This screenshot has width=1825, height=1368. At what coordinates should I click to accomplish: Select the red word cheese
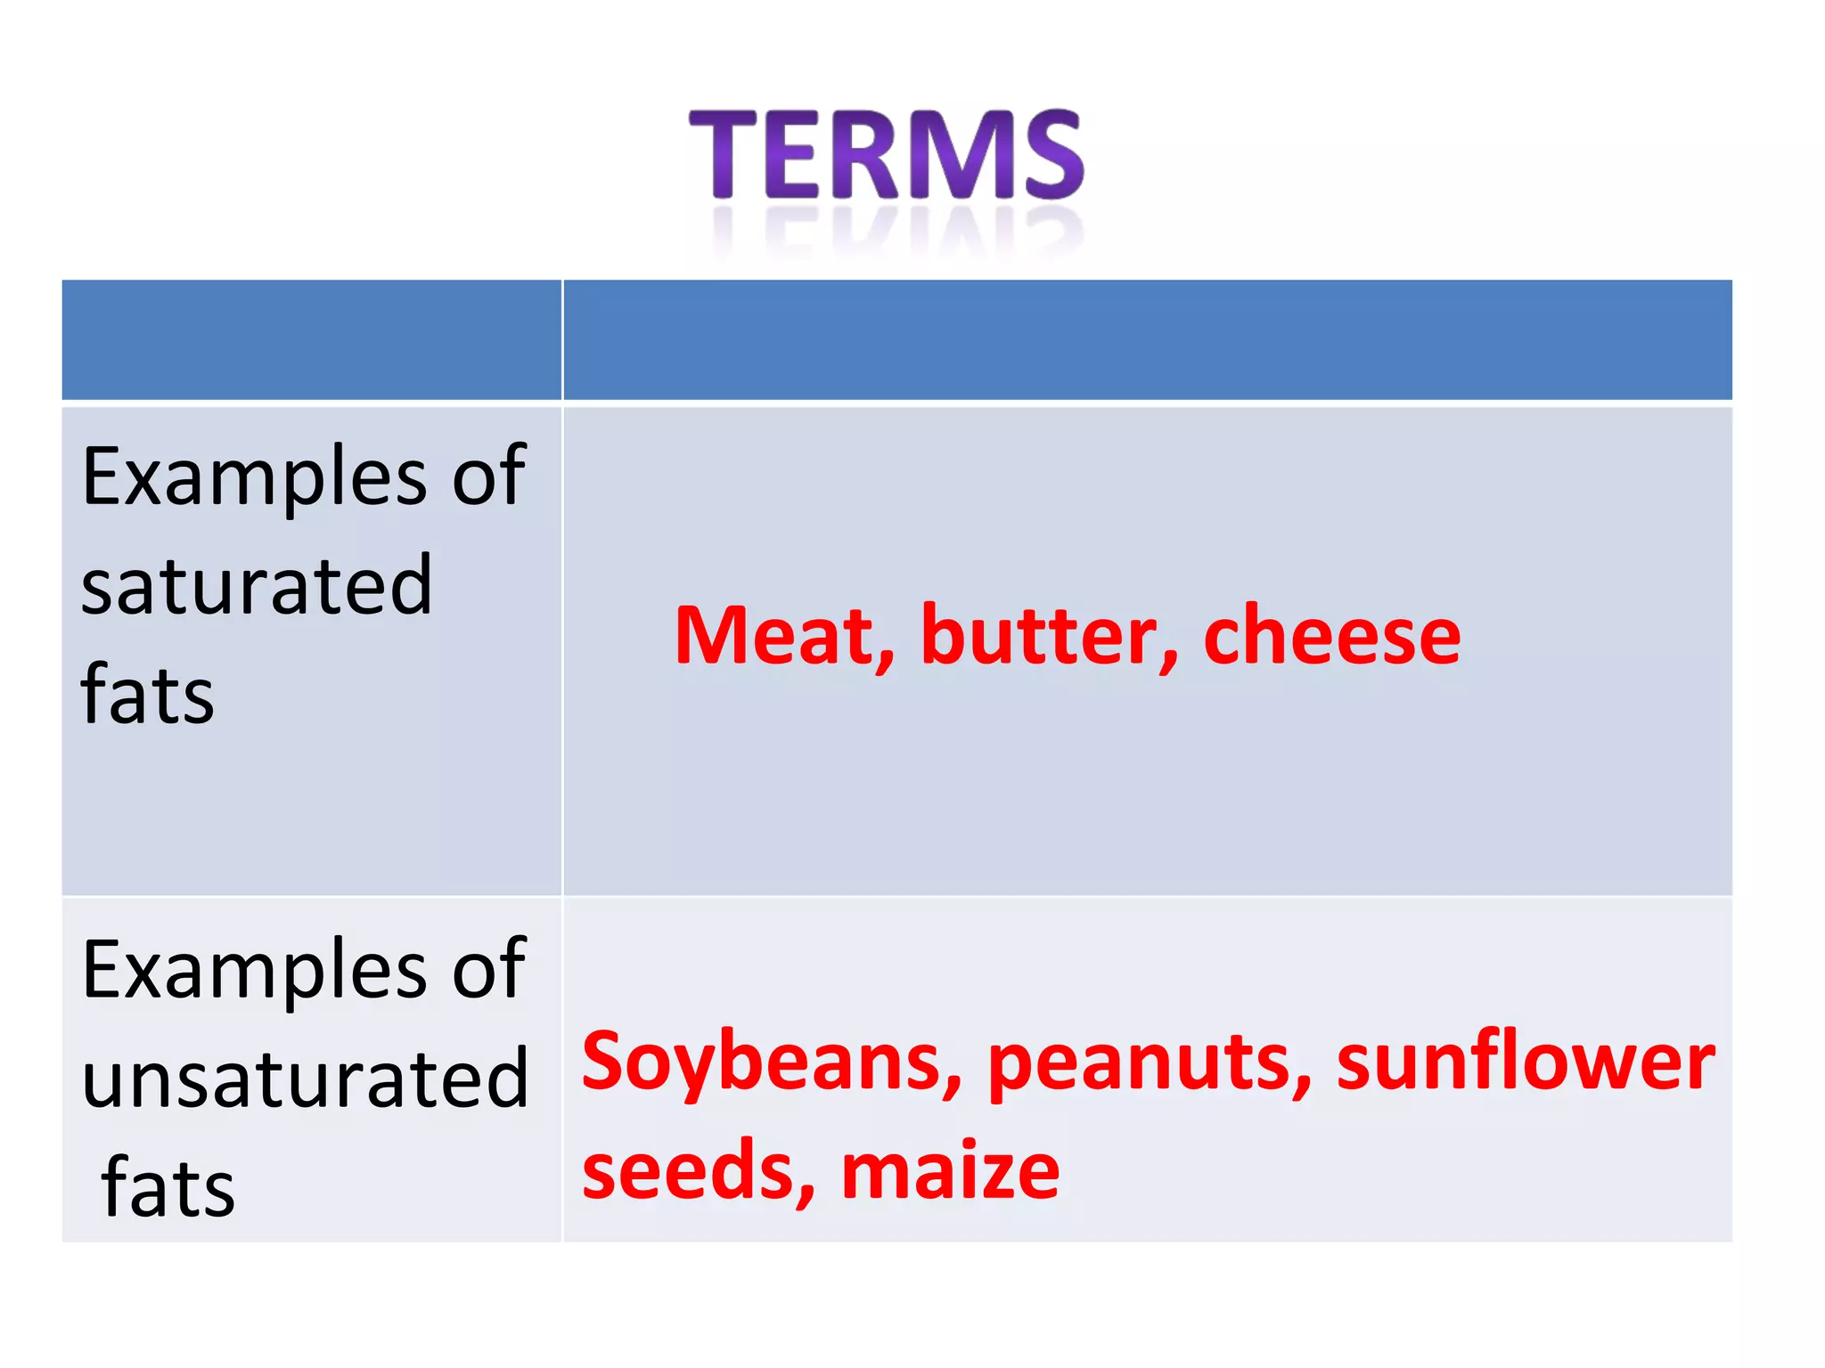tap(1331, 636)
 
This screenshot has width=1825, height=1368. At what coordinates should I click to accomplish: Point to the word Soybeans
tap(772, 1062)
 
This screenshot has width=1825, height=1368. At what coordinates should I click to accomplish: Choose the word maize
tap(950, 1170)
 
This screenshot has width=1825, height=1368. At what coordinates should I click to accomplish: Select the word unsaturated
tap(305, 1079)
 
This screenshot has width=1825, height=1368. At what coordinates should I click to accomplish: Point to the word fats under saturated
tap(147, 695)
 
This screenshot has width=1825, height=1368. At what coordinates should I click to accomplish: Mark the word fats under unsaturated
tap(168, 1188)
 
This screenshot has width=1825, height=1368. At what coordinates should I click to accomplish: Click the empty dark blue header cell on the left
tap(311, 339)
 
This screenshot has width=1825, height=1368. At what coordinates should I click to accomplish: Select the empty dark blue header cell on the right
tap(1147, 339)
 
